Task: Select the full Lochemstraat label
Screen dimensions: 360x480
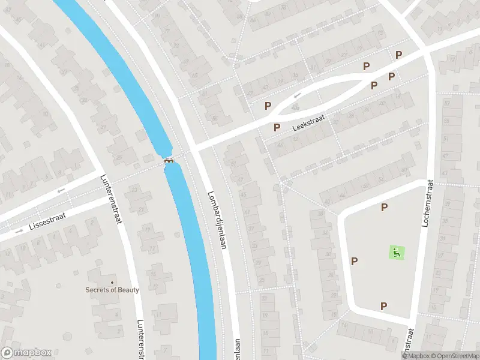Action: click(427, 203)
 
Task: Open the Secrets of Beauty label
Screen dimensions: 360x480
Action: click(112, 290)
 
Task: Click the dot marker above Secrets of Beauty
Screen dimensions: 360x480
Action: click(112, 282)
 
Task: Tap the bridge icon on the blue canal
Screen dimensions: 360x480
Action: click(170, 160)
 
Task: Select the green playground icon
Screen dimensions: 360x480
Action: click(397, 253)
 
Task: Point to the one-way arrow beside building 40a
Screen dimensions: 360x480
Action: click(297, 95)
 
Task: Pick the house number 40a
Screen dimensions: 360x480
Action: click(295, 108)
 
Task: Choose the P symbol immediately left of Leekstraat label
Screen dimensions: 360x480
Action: click(277, 127)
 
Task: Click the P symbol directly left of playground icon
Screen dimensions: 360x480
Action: click(355, 261)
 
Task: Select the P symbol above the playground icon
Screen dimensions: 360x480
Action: click(385, 208)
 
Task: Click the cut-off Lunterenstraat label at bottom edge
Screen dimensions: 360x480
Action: click(142, 340)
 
